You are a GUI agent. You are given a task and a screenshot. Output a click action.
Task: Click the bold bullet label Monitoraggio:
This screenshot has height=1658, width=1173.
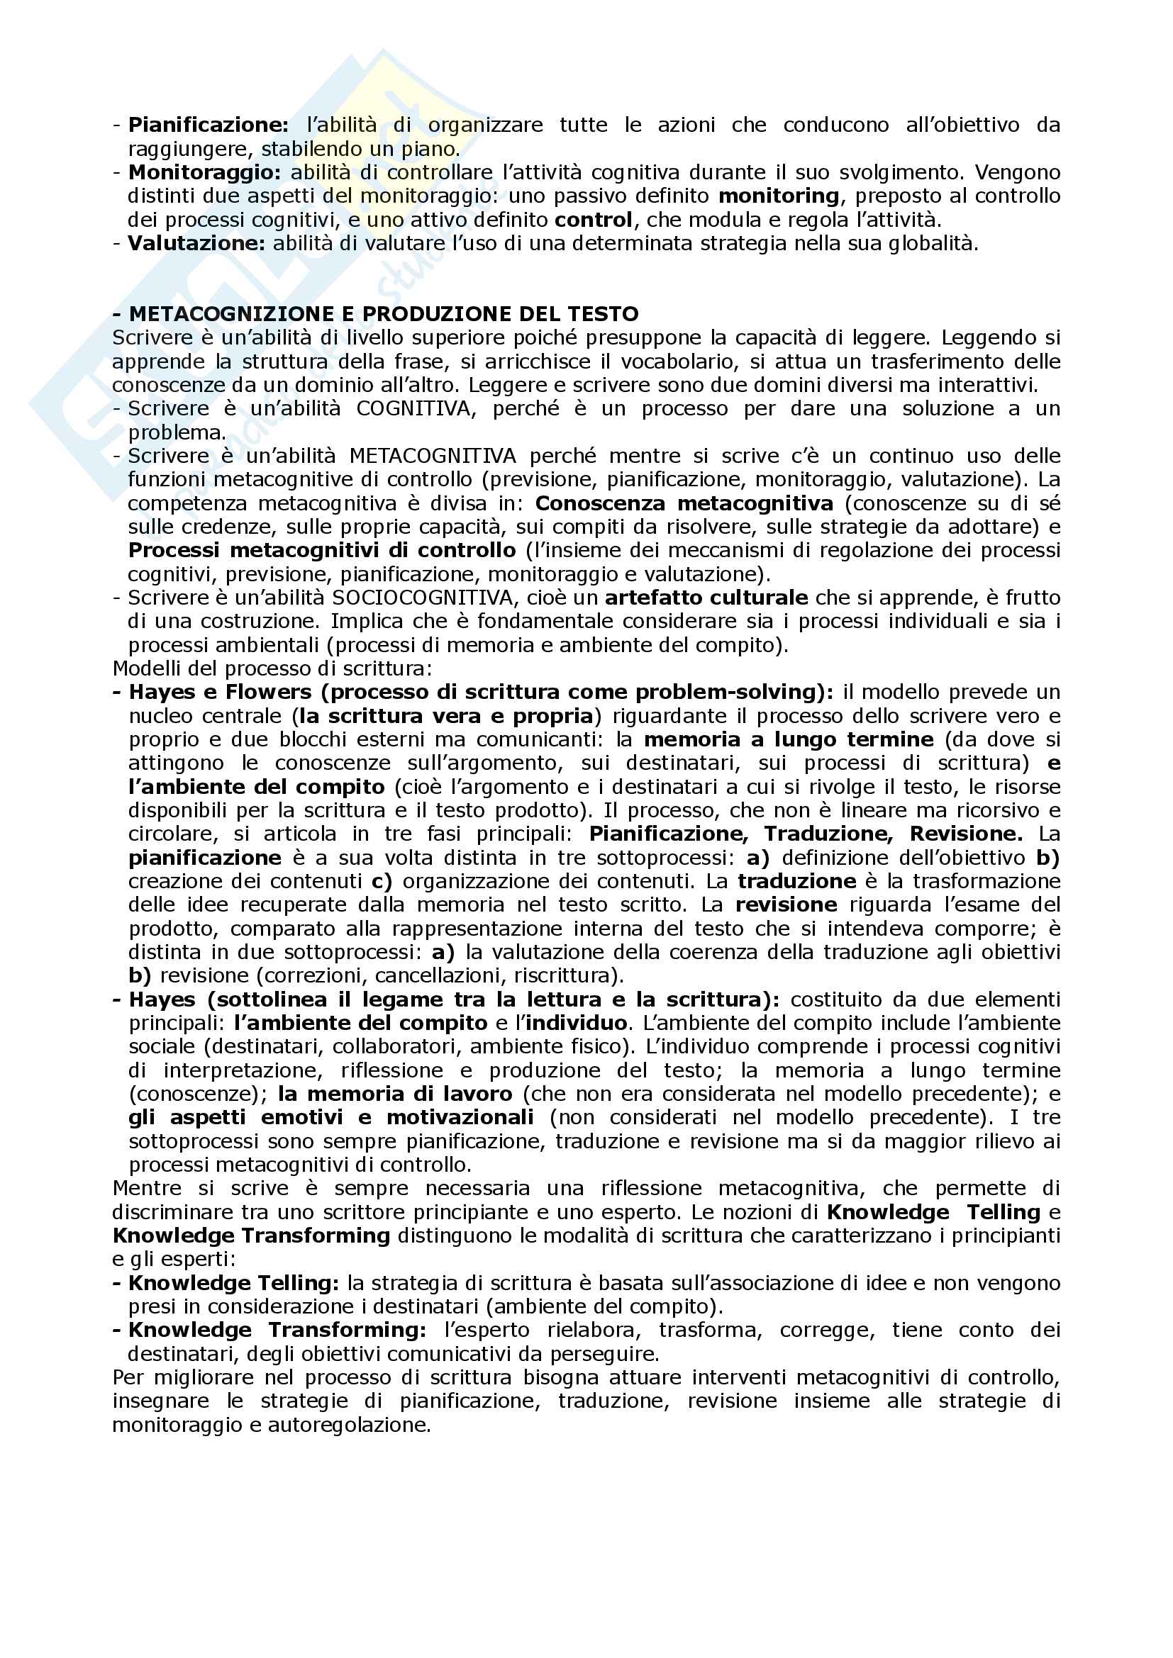tap(204, 173)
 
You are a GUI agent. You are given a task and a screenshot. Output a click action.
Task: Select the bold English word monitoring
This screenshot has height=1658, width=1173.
tap(778, 196)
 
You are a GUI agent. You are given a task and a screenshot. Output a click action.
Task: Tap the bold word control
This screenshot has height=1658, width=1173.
tap(593, 220)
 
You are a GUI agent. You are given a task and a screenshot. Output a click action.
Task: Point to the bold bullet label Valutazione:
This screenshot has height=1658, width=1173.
tap(197, 244)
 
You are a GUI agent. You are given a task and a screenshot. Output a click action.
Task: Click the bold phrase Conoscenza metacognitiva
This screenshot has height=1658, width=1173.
tap(683, 503)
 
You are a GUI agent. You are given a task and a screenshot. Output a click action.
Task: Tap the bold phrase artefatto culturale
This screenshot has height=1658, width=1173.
tap(706, 598)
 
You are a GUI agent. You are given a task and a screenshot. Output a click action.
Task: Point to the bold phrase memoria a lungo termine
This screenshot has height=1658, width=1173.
tap(789, 740)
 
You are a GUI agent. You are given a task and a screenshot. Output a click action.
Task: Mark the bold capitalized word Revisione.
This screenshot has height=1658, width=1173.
tap(966, 834)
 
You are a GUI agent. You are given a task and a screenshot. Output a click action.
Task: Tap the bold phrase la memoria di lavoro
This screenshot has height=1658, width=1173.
tap(395, 1094)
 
